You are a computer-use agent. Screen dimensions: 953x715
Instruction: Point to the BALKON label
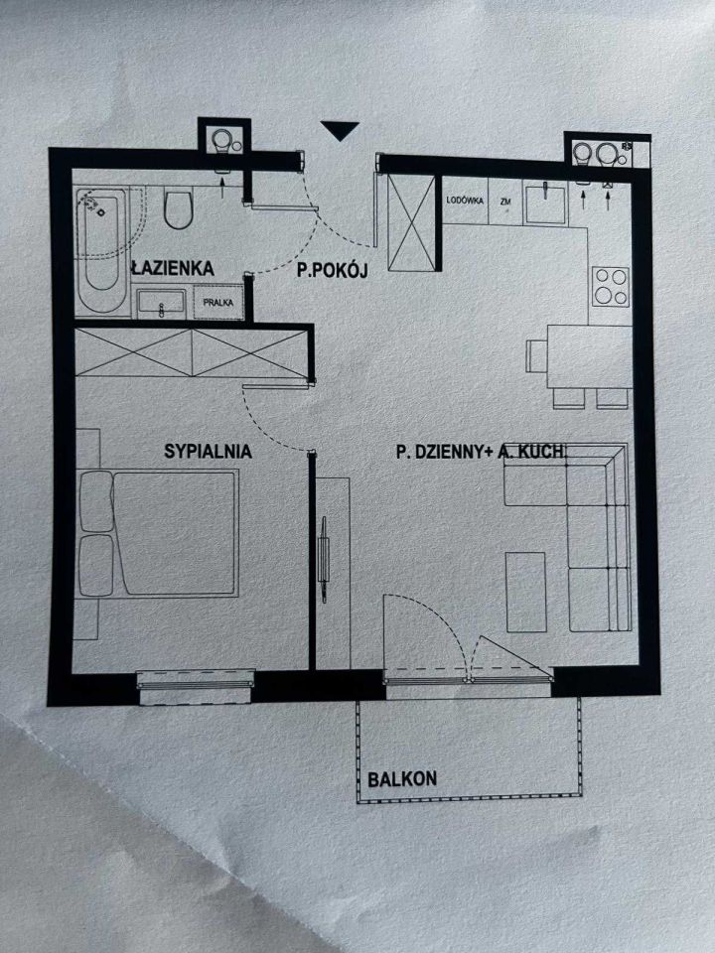(x=402, y=779)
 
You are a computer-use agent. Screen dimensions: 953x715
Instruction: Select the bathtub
(x=99, y=240)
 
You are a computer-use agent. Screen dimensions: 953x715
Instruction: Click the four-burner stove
(x=610, y=286)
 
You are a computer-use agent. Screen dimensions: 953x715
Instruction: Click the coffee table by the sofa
(x=526, y=592)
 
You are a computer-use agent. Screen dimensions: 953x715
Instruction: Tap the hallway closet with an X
(x=410, y=220)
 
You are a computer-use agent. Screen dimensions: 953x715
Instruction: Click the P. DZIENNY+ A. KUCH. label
(x=481, y=453)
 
